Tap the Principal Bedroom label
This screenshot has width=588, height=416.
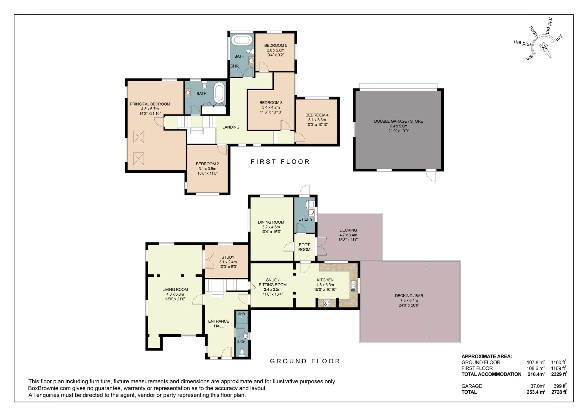pos(150,104)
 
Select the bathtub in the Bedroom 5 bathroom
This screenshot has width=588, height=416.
pos(242,40)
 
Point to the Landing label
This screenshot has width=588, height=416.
pos(231,127)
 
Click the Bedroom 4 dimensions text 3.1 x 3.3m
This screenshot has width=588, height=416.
pos(317,120)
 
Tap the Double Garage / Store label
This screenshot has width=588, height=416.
pos(398,121)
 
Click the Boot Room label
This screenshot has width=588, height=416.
pos(304,247)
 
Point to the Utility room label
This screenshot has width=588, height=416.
pos(305,219)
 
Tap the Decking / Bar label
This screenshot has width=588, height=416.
pos(409,296)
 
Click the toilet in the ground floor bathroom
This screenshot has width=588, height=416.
pos(242,352)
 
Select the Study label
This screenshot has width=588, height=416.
pos(228,257)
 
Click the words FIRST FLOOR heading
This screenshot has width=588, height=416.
pos(280,162)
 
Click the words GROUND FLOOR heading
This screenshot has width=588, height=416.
pos(305,361)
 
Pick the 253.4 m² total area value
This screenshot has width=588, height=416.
pos(536,392)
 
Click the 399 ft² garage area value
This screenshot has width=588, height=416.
pos(559,386)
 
